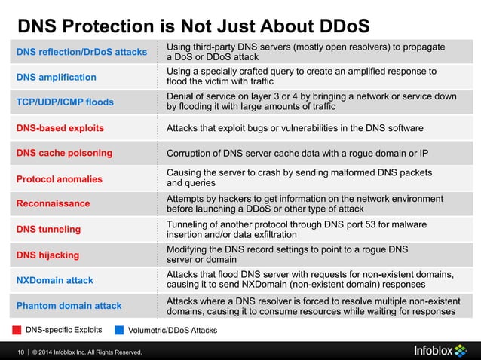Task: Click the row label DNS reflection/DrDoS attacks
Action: [x=81, y=52]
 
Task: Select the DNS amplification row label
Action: [x=57, y=77]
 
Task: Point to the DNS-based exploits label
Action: [x=60, y=127]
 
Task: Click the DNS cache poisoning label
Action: [x=64, y=153]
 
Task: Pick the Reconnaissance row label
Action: [x=53, y=203]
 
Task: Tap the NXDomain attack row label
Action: [x=54, y=280]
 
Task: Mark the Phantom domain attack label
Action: [x=69, y=305]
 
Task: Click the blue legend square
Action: [x=119, y=330]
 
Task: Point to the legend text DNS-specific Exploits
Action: [x=63, y=330]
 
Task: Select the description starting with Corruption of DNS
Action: [x=297, y=154]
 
